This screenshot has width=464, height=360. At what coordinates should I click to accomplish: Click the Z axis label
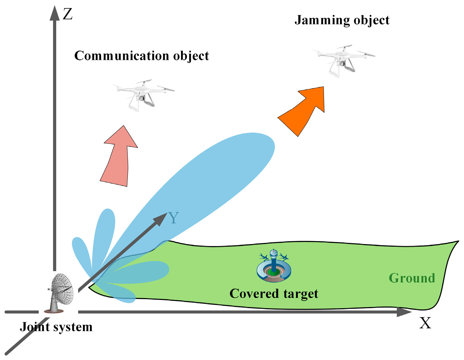point(68,14)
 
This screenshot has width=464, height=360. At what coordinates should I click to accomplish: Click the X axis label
point(425,323)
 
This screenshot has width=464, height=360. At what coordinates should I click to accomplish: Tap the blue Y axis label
point(173,218)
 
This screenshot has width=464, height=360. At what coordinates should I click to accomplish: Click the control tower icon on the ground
point(274,265)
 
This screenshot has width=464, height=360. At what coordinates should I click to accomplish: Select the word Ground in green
point(412,278)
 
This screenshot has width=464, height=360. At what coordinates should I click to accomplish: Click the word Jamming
point(322,21)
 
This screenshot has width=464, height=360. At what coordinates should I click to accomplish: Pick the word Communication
point(121,56)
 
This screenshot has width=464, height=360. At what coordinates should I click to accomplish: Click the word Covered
point(254,294)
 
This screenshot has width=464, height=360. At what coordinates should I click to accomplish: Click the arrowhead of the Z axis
point(54,13)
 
